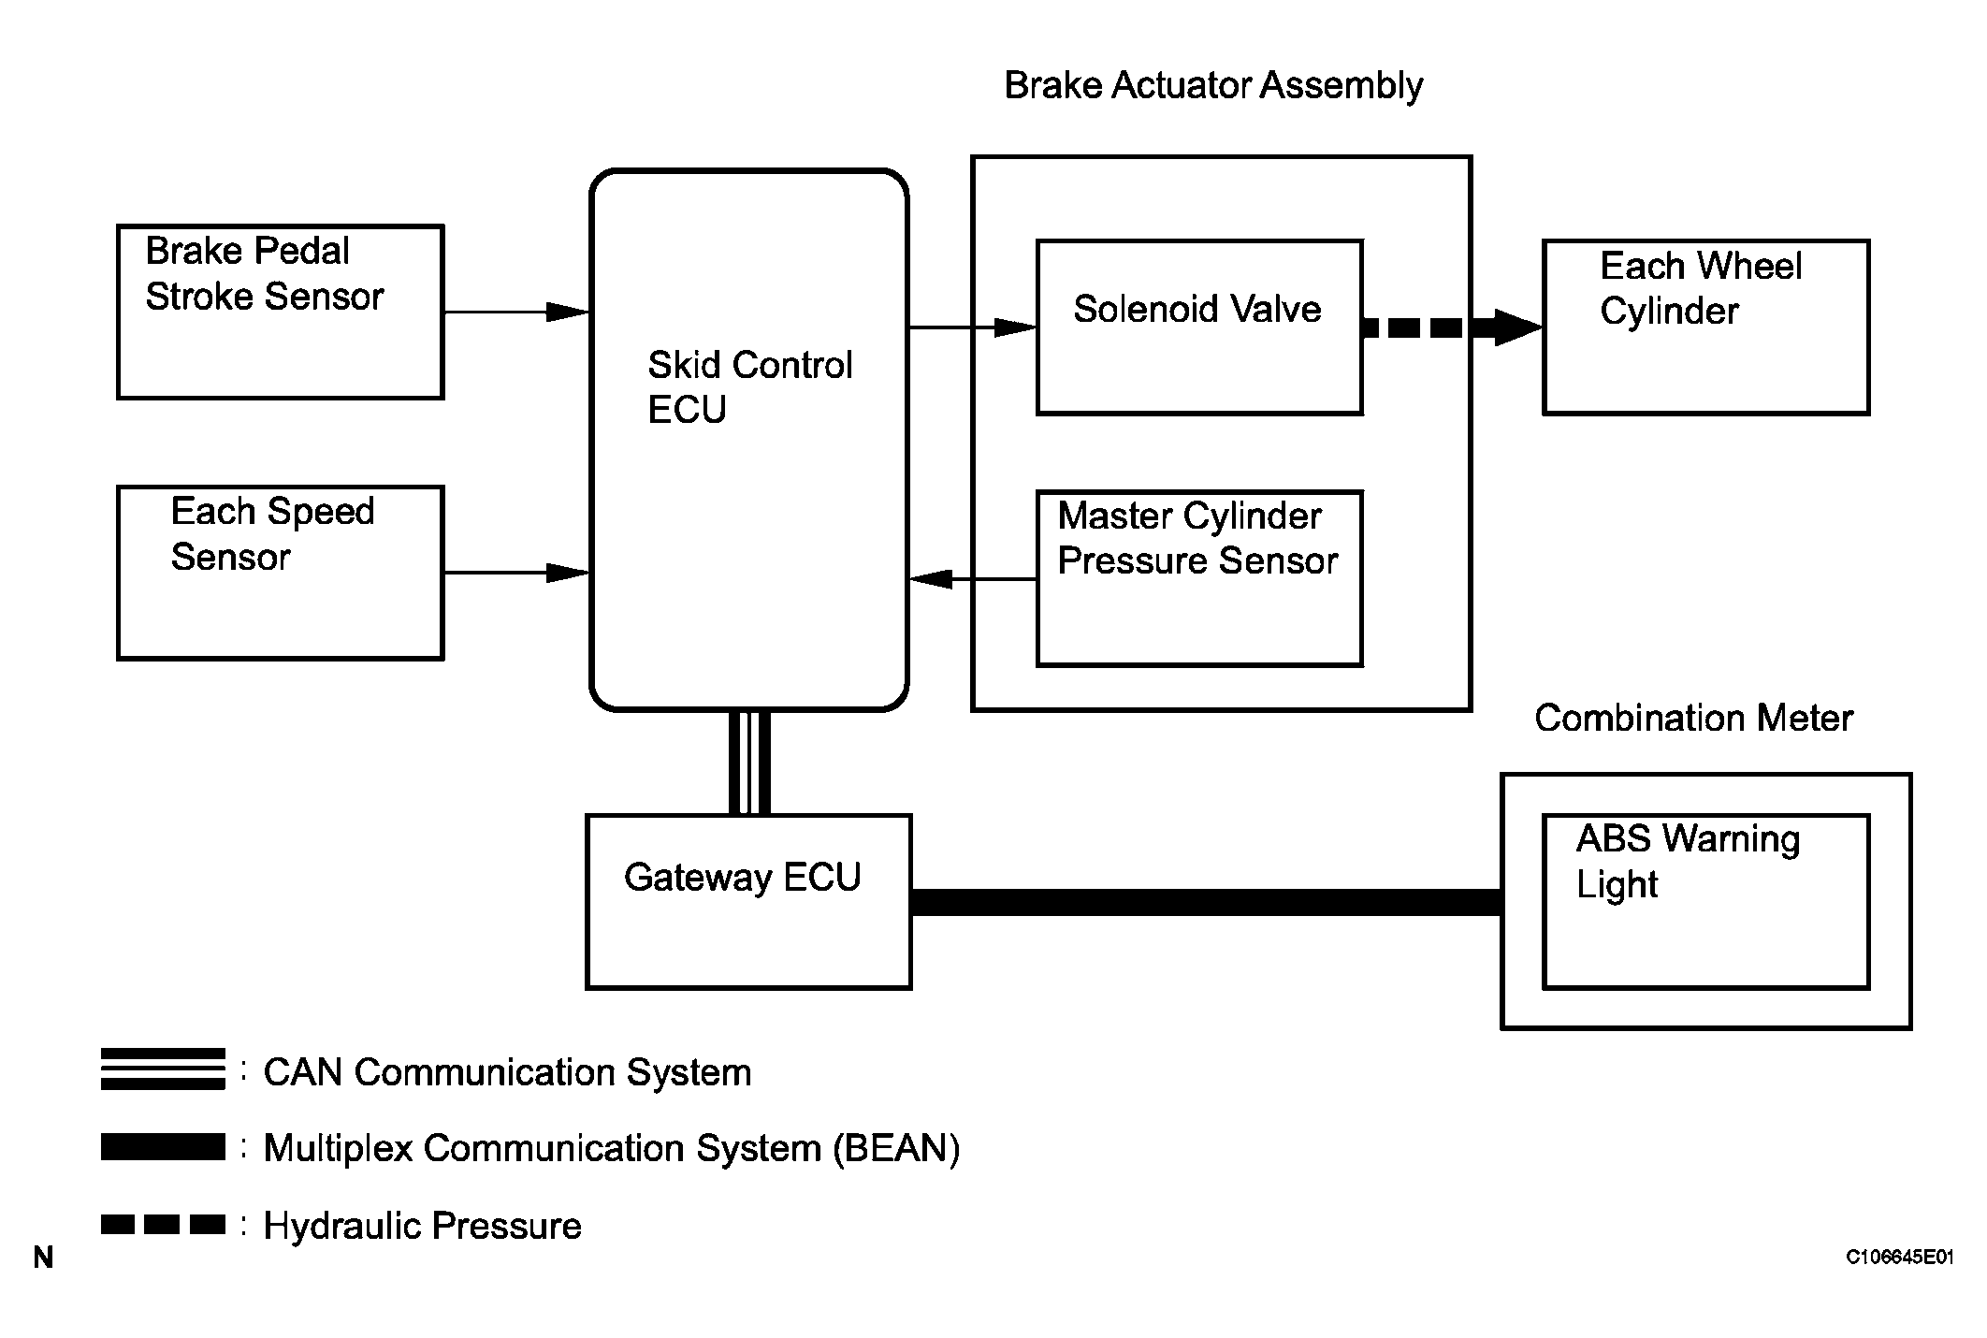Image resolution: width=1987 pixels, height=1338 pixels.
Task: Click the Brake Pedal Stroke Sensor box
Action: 280,312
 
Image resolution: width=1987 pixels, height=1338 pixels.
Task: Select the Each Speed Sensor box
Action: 280,573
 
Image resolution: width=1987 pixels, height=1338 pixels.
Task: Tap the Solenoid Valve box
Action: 1198,327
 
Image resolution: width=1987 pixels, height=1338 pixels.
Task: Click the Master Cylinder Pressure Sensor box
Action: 1198,578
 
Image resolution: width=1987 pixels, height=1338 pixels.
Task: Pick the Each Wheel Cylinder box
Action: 1705,327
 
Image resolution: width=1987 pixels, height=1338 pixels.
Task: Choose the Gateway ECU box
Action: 748,901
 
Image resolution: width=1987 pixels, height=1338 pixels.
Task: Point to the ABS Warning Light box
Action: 1705,901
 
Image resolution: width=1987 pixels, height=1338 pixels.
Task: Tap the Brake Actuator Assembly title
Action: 1213,85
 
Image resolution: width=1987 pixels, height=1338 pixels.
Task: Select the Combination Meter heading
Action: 1693,719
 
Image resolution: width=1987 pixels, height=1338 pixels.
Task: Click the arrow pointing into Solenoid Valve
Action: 972,327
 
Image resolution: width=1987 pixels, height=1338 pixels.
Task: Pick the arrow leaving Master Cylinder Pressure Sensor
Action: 973,579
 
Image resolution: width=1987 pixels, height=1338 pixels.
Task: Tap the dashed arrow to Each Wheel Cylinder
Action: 1451,327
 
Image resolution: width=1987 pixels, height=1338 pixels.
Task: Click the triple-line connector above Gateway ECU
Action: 749,763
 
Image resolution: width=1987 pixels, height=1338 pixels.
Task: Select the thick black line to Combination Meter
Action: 1206,902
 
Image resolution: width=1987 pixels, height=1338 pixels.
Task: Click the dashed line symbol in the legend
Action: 163,1224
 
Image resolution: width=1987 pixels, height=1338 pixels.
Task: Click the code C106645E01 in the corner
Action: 1899,1258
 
